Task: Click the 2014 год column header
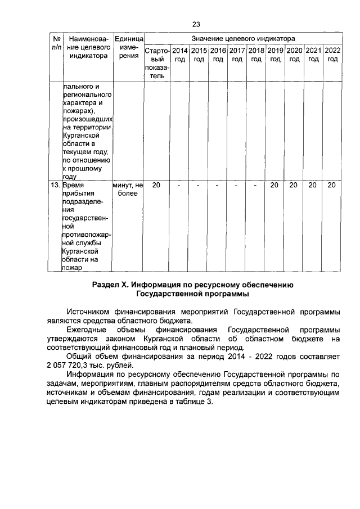coord(179,55)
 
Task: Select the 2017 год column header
coord(237,55)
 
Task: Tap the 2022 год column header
coord(332,55)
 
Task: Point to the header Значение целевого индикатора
coord(242,38)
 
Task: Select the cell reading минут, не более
coord(128,188)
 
